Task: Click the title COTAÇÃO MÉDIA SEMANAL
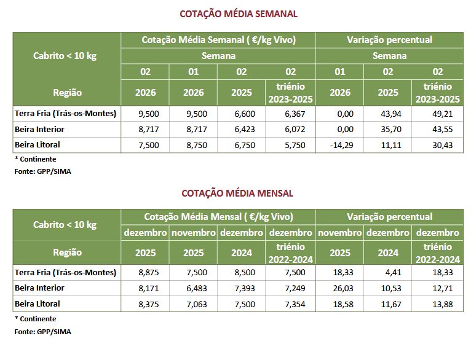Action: tap(238, 14)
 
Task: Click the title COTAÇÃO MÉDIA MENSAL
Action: tap(237, 193)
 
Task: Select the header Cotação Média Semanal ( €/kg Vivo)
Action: tap(219, 40)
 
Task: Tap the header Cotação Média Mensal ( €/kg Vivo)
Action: tap(218, 217)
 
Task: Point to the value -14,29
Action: tap(339, 145)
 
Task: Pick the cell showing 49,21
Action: tap(437, 114)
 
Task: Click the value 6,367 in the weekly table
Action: tap(290, 114)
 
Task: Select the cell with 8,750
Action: tap(194, 145)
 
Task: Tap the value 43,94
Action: tap(388, 114)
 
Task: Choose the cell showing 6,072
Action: tap(290, 130)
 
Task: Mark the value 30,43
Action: tap(437, 145)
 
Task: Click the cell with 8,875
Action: tap(145, 273)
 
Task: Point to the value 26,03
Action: tap(339, 288)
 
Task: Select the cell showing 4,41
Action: tap(388, 273)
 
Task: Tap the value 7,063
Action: tap(194, 304)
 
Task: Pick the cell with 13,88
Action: tap(437, 304)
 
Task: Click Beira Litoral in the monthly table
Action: tap(37, 304)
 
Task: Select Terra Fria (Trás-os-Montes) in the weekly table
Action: tap(65, 114)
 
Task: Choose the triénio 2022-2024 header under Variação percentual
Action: tap(437, 252)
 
